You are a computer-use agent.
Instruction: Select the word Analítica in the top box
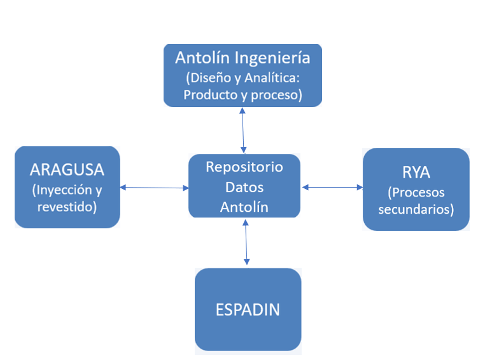(x=272, y=78)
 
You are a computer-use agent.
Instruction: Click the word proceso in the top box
(x=276, y=95)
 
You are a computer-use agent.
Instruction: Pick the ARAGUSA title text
(x=67, y=169)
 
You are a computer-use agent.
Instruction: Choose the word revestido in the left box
(x=67, y=207)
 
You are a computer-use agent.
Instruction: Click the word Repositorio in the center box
(x=244, y=167)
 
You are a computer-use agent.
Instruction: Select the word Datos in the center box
(x=244, y=187)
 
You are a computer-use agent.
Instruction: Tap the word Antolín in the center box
(x=244, y=207)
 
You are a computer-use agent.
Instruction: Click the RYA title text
(x=416, y=172)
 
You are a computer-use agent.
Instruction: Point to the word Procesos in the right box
(x=416, y=193)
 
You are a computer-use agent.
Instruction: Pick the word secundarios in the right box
(x=416, y=209)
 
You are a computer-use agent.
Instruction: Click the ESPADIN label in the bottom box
(x=248, y=310)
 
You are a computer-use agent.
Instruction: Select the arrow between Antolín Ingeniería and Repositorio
(x=243, y=130)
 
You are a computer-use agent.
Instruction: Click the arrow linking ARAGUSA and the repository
(x=154, y=188)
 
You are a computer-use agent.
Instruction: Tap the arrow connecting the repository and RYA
(x=332, y=187)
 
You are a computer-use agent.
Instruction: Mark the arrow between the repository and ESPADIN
(x=246, y=242)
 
